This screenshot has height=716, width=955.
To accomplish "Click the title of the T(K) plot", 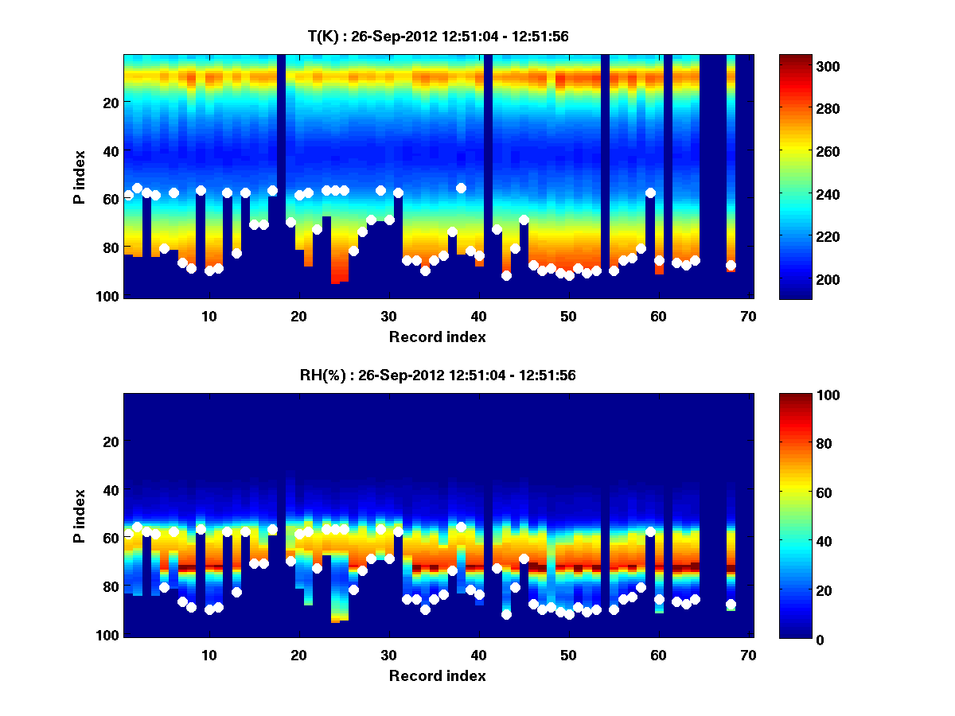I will click(x=438, y=36).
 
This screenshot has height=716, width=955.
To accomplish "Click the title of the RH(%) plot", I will click(x=438, y=376).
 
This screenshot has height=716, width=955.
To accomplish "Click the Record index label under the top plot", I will click(x=438, y=337).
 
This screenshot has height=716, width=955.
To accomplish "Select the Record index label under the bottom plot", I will click(x=438, y=676).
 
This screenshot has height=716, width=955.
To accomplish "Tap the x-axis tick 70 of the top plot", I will click(x=748, y=316).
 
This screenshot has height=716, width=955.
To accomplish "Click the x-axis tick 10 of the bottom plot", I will click(x=209, y=656).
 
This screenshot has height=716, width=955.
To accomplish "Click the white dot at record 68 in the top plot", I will click(x=731, y=265).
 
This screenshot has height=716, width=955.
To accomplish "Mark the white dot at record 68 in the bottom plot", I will click(x=731, y=605).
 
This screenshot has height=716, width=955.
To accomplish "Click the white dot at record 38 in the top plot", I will click(x=461, y=188).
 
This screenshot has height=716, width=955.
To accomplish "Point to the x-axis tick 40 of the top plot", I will click(x=478, y=316).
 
